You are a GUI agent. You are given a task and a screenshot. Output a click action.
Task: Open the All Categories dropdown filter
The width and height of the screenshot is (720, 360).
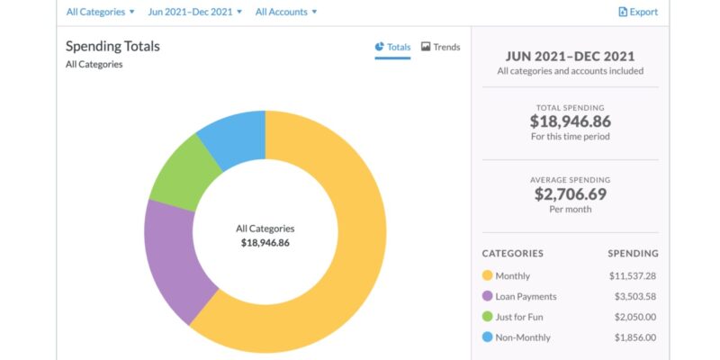100,12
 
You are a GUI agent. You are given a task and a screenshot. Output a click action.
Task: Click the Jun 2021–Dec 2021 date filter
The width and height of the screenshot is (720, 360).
194,12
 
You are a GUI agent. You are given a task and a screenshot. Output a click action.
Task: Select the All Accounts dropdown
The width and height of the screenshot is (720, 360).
286,12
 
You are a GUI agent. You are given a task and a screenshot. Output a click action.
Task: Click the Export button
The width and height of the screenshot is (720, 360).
637,12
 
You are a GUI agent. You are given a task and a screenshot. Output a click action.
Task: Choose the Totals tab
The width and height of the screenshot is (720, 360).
392,47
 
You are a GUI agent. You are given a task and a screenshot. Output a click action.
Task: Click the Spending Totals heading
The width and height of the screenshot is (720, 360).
112,46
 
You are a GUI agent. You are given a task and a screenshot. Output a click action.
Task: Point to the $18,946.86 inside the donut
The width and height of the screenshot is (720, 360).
265,243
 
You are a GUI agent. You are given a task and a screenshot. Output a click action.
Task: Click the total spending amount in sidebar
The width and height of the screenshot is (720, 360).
570,120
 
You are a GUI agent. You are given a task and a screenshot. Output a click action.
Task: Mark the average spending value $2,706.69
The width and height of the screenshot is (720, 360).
570,193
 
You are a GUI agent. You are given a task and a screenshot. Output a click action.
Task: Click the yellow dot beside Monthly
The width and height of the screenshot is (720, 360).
488,275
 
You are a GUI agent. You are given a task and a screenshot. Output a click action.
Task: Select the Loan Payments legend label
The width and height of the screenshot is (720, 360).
526,296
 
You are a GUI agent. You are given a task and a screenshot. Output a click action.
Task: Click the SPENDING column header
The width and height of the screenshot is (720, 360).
633,253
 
